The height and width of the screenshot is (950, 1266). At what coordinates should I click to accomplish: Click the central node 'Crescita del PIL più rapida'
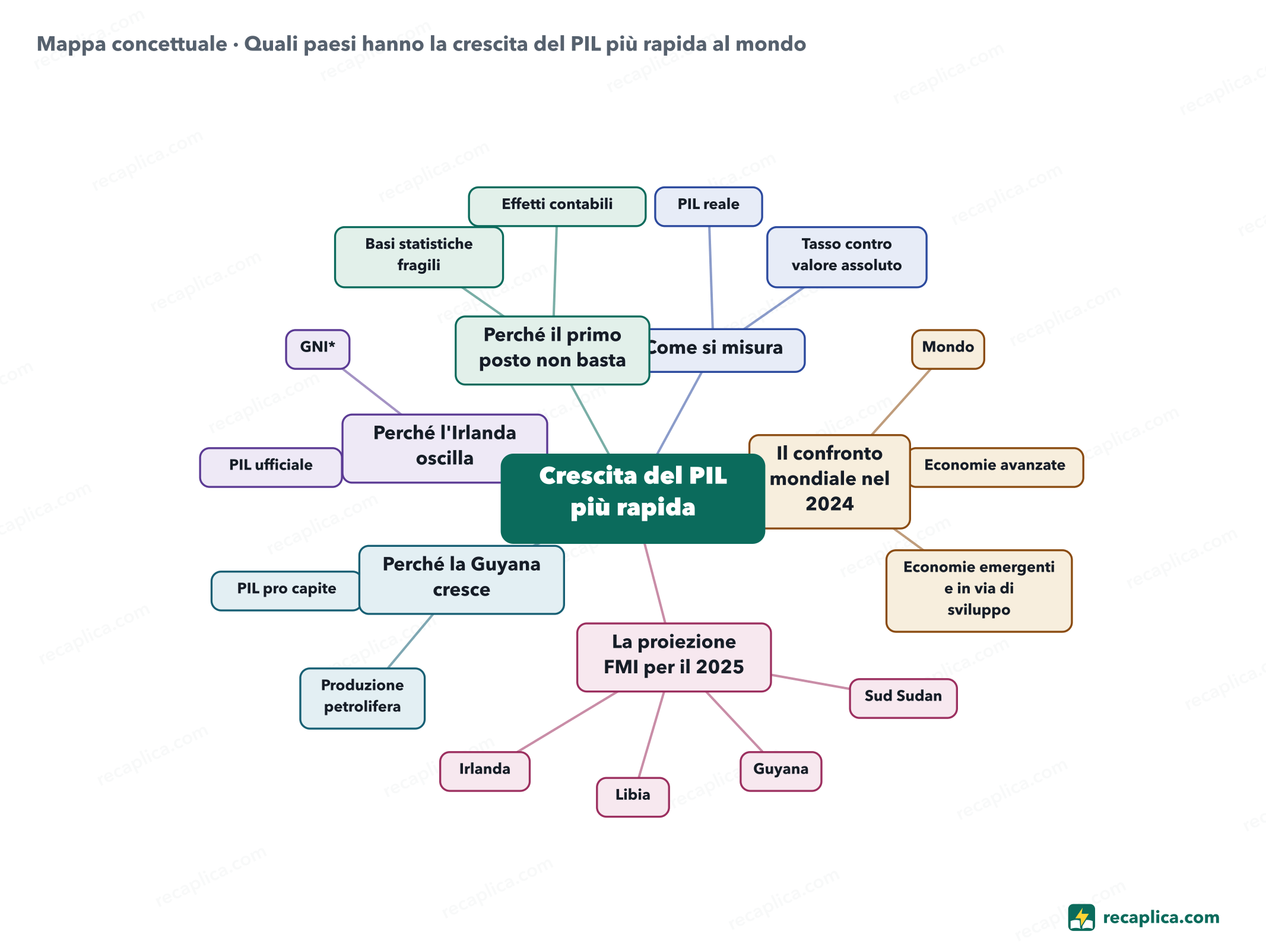coord(633,498)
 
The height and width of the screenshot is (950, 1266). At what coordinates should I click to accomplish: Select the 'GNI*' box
coord(318,349)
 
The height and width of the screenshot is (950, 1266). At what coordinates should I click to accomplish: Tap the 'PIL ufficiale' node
coord(271,467)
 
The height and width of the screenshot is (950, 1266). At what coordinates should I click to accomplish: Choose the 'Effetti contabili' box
coord(557,207)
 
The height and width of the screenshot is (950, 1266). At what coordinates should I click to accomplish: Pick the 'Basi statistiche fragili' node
coord(419,257)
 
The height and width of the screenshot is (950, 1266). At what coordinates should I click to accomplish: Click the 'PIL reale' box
coord(708,207)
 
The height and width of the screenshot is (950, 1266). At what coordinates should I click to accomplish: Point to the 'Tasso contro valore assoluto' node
coord(846,257)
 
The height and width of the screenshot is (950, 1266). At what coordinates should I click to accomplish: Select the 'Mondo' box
coord(948,349)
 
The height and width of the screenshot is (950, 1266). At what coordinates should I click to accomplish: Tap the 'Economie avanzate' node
coord(996,467)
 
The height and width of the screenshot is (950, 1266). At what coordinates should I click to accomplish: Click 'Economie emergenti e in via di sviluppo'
coord(979,591)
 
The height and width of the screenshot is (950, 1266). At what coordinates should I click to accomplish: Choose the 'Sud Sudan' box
coord(903,698)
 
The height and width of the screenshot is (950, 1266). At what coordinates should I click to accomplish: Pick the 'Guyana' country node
coord(780,771)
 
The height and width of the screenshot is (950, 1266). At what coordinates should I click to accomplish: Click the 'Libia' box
coord(633,797)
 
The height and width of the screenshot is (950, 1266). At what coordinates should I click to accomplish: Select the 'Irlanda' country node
coord(484,771)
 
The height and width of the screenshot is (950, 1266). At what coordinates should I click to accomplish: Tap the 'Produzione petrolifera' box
coord(362,698)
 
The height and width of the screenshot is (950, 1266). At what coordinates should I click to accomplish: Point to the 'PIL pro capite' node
coord(286,591)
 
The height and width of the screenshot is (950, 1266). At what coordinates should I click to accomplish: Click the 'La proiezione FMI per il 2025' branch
coord(674,657)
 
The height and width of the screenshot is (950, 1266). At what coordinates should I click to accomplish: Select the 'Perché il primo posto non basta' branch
coord(552,350)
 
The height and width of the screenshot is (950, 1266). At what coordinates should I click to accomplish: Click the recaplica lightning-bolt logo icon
coord(1081,917)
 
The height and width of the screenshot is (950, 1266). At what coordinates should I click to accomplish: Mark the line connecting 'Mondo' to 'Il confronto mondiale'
coord(900,402)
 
